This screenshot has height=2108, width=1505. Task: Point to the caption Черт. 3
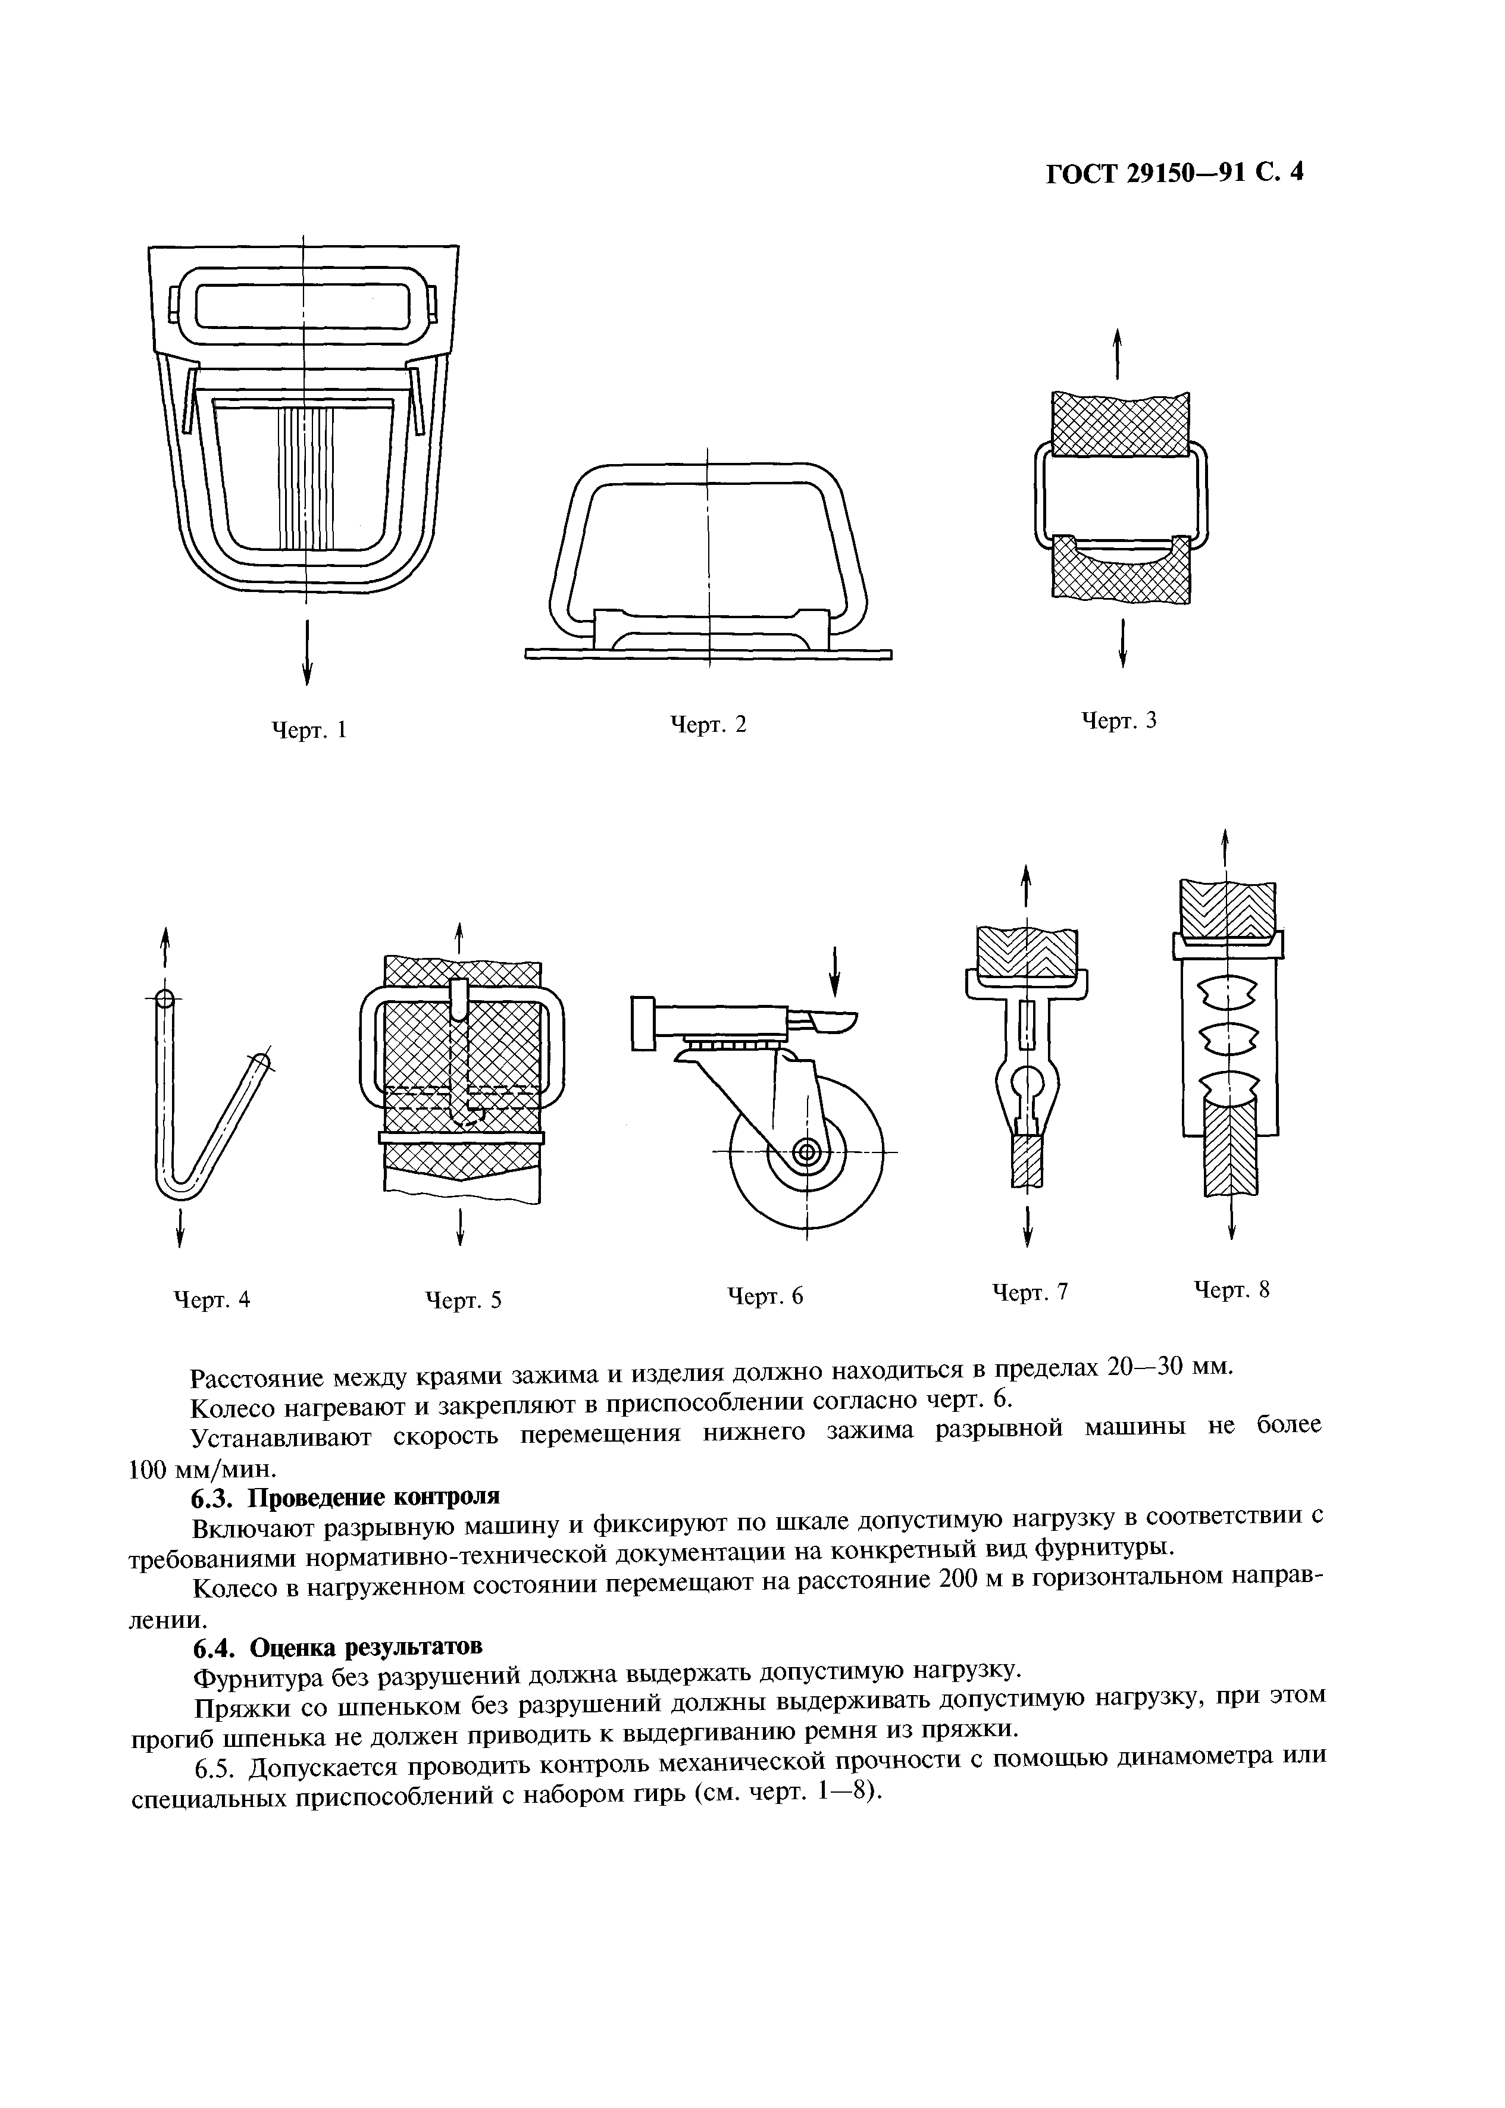[x=1119, y=720]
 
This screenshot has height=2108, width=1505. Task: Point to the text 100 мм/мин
[x=201, y=1470]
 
